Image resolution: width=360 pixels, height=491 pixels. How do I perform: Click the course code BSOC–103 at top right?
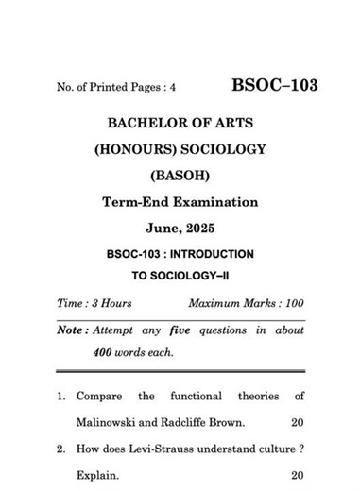pyautogui.click(x=274, y=86)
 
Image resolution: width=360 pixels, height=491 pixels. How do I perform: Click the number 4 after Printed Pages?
pyautogui.click(x=173, y=88)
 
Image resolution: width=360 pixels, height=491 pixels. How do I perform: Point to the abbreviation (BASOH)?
pyautogui.click(x=180, y=175)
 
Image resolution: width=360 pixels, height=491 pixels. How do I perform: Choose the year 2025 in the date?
pyautogui.click(x=201, y=228)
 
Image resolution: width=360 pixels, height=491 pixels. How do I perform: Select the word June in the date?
pyautogui.click(x=162, y=228)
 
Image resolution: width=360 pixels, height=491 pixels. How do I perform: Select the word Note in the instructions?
pyautogui.click(x=70, y=330)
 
